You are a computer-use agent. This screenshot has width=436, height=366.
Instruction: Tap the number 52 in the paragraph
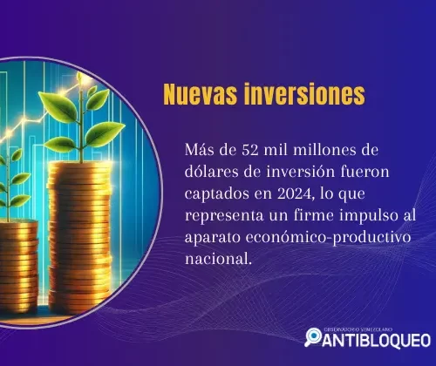[x=250, y=150]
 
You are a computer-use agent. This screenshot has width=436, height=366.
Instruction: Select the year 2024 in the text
[x=295, y=193]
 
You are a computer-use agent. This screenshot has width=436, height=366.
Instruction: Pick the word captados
[x=216, y=194]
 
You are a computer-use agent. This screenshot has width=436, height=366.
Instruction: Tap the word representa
[x=224, y=216]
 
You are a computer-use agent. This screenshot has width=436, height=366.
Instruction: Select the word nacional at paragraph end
[x=216, y=259]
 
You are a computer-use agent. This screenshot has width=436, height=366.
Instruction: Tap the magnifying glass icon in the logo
[x=313, y=337]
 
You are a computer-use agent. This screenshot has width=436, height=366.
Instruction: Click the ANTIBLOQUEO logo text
[x=377, y=341]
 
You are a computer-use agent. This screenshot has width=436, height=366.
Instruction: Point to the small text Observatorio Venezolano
[x=358, y=329]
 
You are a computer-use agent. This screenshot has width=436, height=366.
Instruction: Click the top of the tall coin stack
[x=79, y=166]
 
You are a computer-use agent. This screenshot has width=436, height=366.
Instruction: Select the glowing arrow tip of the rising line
[x=79, y=77]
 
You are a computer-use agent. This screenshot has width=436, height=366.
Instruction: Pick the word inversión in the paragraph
[x=301, y=172]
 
